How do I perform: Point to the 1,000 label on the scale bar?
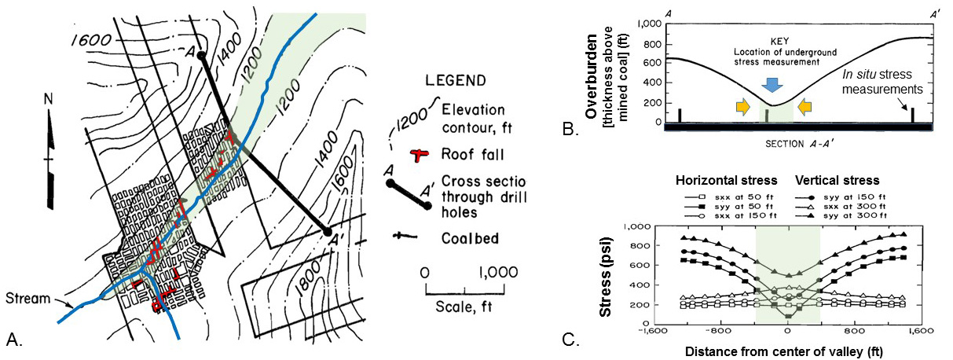[x=497, y=273]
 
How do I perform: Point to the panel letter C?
[x=571, y=340]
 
